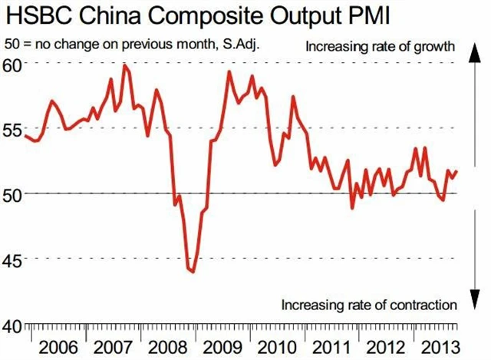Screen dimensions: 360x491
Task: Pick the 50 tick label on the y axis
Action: pyautogui.click(x=13, y=193)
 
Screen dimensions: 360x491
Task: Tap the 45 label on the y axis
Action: pyautogui.click(x=13, y=259)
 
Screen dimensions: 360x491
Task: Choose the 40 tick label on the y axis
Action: pyautogui.click(x=13, y=325)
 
